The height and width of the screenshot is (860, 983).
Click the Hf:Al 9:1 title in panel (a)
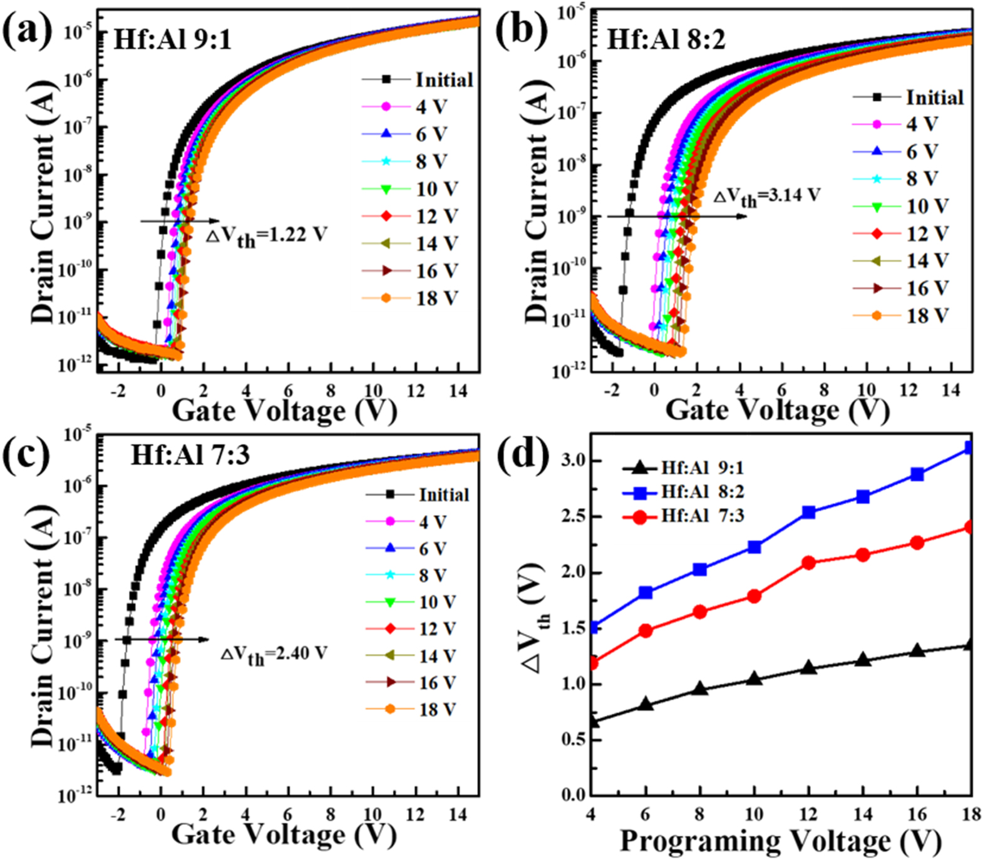pos(172,40)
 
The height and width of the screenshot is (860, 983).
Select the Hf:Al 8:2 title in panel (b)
pos(666,40)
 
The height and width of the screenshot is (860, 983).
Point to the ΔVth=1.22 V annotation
pos(267,236)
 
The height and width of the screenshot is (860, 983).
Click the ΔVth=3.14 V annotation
pos(767,197)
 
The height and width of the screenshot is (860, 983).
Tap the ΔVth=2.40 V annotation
pos(274,655)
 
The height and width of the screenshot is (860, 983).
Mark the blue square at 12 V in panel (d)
pos(808,513)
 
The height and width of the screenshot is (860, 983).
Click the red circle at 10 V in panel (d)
pos(754,596)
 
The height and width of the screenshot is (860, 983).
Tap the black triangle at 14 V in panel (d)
pos(863,660)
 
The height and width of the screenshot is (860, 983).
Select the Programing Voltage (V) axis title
pos(780,841)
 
